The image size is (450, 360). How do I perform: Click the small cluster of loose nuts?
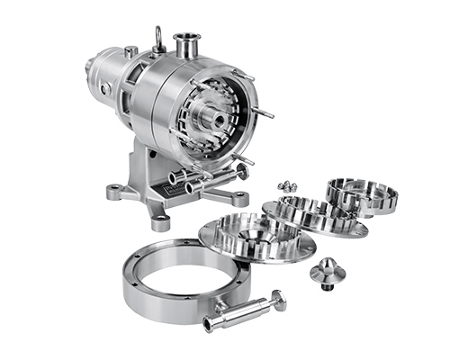point(287,185)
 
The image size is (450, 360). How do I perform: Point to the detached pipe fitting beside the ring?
point(241,310)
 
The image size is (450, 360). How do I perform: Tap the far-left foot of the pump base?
point(113,191)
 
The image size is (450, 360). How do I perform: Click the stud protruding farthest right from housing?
point(266,115)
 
